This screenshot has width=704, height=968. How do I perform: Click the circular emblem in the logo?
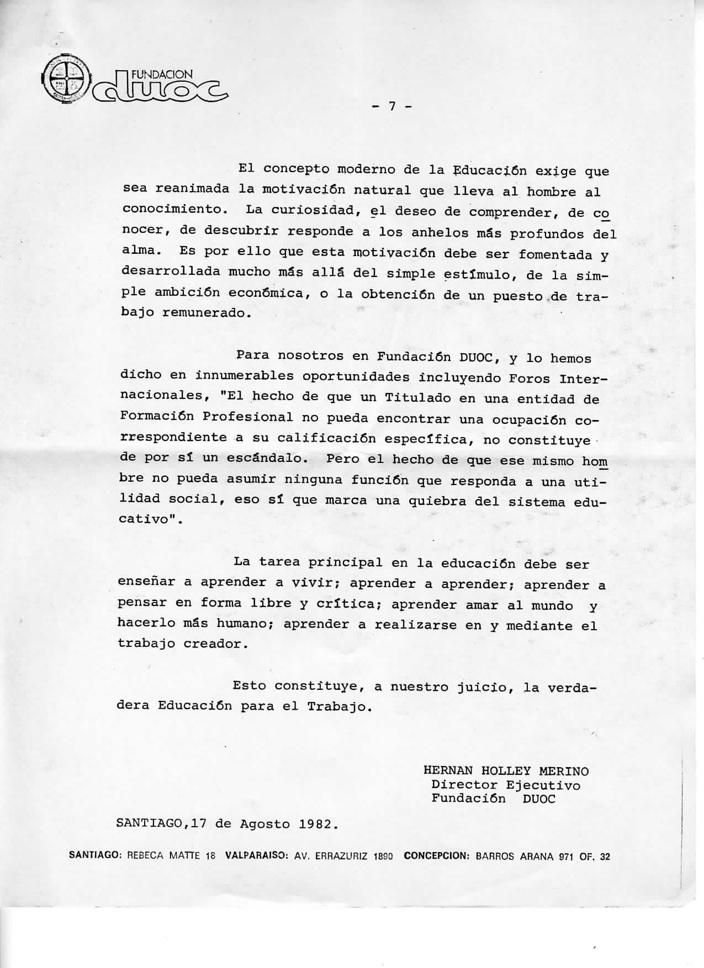(65, 81)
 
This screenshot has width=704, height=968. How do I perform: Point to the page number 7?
(391, 107)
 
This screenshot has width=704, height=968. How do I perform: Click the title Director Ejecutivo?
(506, 785)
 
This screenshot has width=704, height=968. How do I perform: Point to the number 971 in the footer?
(567, 857)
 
